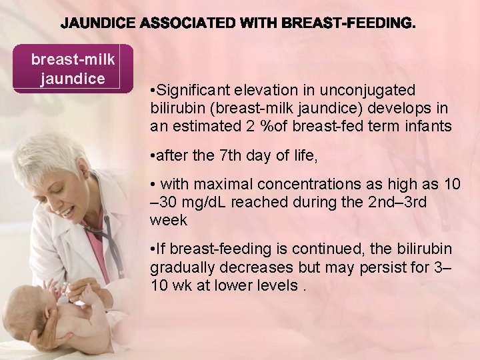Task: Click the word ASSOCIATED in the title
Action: point(188,24)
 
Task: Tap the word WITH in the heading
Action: point(256,24)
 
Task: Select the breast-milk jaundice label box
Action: point(73,69)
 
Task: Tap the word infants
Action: point(429,126)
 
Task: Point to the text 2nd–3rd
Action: point(385,203)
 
